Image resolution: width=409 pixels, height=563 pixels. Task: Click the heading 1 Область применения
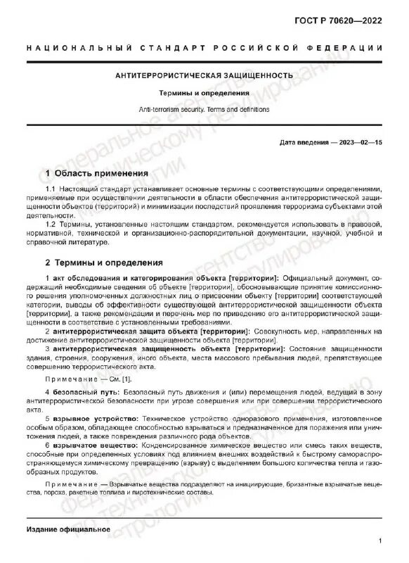click(x=96, y=173)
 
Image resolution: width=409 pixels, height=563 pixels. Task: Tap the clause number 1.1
click(x=51, y=190)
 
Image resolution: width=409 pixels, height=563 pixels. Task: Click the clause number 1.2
click(x=51, y=224)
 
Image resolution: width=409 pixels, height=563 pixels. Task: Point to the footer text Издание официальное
click(x=67, y=529)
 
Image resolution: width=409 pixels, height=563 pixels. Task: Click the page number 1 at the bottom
click(x=379, y=542)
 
